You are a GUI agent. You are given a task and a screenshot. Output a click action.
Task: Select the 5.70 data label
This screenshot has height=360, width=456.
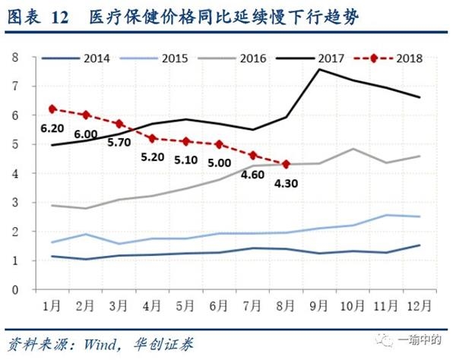(120, 141)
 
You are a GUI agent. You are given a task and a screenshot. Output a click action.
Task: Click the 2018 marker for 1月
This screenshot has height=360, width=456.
(52, 109)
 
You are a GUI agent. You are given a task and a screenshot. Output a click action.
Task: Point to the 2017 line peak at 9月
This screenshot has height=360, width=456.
(319, 69)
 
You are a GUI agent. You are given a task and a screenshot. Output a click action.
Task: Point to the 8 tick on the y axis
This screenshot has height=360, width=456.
(14, 58)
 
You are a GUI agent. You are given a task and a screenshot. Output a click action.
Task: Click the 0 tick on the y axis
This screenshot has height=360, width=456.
(14, 289)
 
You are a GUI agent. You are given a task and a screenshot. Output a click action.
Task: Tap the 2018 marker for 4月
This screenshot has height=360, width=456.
(153, 138)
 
